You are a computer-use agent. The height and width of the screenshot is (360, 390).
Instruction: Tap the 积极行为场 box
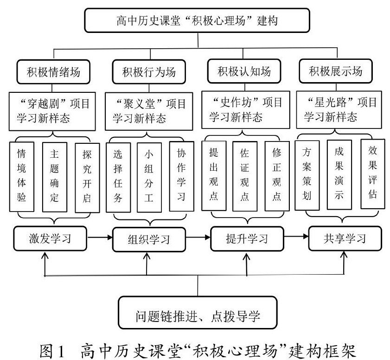point(147,72)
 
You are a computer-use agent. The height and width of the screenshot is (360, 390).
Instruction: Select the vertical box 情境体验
point(22,176)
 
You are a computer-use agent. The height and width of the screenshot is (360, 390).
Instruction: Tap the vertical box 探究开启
point(87,176)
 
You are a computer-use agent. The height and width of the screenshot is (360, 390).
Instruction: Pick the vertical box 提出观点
point(213,174)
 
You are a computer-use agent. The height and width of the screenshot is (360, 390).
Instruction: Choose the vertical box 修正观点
point(276,174)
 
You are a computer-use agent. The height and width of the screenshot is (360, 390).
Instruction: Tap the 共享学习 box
point(345,238)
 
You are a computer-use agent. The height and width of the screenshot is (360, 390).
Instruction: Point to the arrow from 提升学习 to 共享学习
point(297,238)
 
